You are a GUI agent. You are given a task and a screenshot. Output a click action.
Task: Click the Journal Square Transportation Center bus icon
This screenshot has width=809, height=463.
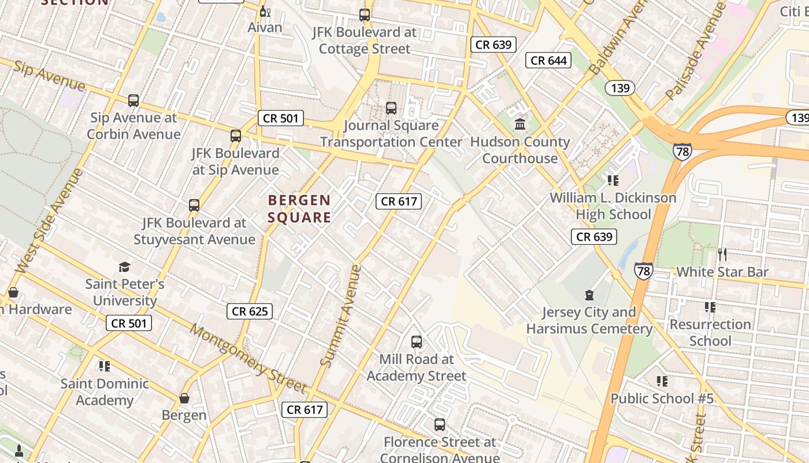391,108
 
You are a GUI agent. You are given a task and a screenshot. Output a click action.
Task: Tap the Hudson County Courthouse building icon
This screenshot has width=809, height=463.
519,124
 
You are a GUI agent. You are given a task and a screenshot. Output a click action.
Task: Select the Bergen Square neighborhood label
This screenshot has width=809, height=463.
299,209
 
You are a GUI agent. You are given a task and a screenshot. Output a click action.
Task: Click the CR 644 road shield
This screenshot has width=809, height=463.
548,60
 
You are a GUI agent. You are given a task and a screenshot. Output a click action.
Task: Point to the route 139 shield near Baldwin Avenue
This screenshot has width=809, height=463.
620,88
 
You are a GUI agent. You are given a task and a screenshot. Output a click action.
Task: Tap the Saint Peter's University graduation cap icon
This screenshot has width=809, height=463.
125,267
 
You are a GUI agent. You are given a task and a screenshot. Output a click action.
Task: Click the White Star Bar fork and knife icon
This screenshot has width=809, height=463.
722,254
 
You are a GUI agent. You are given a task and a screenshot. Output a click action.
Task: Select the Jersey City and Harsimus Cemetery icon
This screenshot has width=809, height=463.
589,295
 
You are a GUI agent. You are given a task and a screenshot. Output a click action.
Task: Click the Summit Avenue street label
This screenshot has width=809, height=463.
341,316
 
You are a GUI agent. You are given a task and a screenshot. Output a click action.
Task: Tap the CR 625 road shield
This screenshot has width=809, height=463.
250,311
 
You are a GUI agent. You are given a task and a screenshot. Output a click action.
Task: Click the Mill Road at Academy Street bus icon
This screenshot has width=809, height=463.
416,342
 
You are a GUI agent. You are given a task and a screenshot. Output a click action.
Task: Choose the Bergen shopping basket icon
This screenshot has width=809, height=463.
184,398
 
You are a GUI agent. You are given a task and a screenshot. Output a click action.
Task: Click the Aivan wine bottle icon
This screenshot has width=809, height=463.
265,11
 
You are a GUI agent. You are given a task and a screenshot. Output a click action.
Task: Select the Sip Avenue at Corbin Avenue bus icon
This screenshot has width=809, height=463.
133,101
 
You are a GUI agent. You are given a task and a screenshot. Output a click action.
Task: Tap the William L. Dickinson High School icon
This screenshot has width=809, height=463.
613,181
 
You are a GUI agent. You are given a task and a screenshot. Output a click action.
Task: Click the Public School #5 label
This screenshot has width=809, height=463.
662,399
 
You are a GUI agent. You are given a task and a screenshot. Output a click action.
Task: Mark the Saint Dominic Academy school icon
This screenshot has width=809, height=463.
104,366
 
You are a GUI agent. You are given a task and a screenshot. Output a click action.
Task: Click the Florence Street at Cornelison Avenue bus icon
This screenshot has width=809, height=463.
440,425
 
